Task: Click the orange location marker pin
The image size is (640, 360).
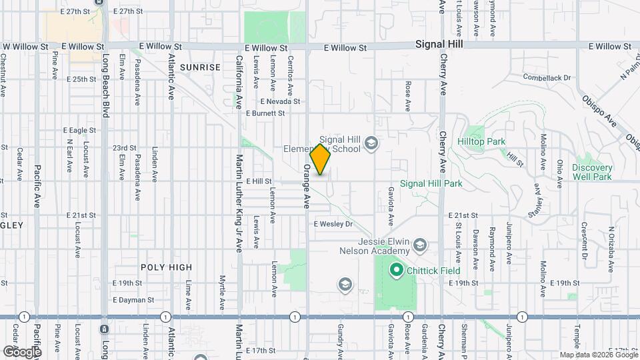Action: [321, 159]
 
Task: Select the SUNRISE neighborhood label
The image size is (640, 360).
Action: [199, 67]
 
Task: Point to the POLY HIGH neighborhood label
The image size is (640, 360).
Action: [166, 267]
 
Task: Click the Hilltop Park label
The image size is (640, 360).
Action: [481, 141]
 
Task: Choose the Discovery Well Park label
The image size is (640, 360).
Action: [592, 172]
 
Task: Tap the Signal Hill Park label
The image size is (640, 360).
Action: [431, 183]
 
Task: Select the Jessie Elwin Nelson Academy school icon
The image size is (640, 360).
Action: [420, 245]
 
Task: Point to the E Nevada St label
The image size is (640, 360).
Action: [280, 101]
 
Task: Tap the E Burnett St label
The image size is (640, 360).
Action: [265, 113]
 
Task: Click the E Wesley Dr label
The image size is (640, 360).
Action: [333, 224]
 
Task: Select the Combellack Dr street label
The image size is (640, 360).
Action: [547, 77]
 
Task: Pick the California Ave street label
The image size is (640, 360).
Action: [239, 82]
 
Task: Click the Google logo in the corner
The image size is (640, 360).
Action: [21, 351]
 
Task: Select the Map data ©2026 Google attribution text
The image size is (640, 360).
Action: [599, 355]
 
